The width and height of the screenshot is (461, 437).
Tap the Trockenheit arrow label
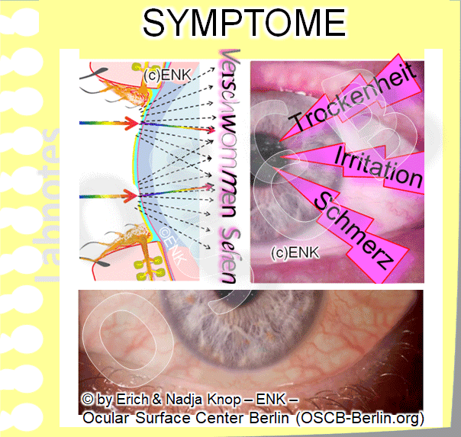[353, 99]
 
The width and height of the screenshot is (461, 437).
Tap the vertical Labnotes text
[50, 206]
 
